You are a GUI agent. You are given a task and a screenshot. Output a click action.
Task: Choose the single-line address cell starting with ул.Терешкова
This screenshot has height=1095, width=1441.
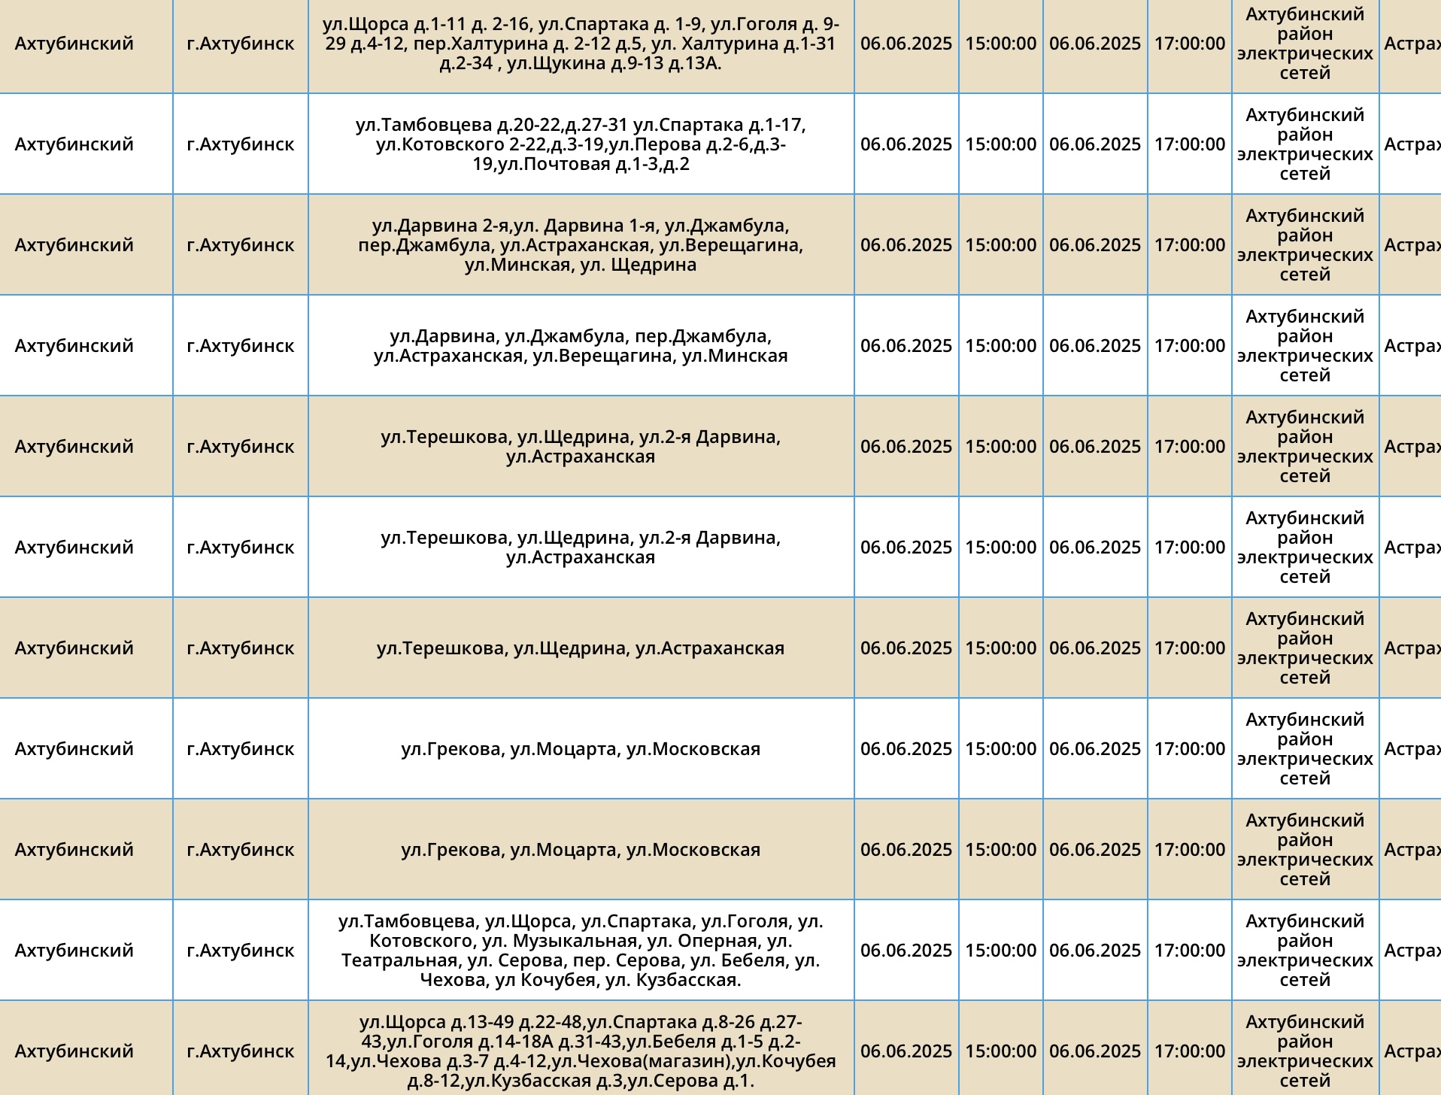pyautogui.click(x=581, y=648)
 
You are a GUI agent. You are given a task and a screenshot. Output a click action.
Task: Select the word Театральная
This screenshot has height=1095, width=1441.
pyautogui.click(x=399, y=961)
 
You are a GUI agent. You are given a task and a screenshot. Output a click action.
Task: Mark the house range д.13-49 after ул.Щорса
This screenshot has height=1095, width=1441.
pyautogui.click(x=478, y=1023)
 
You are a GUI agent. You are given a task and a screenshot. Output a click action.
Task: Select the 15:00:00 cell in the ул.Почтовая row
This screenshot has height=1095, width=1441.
pyautogui.click(x=1000, y=144)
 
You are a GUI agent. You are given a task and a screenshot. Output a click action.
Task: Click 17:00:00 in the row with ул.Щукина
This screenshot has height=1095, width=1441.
pyautogui.click(x=1189, y=44)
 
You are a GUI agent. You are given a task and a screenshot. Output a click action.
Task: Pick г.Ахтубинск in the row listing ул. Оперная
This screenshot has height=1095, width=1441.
pyautogui.click(x=241, y=951)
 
